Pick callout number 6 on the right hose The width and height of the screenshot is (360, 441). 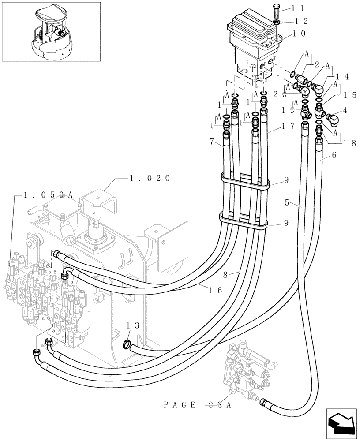coord(334,155)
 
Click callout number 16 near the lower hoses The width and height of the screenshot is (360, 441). coord(216,290)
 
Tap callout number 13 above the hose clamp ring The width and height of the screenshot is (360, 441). coord(133,325)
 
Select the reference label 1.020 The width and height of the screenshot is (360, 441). coord(150,179)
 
